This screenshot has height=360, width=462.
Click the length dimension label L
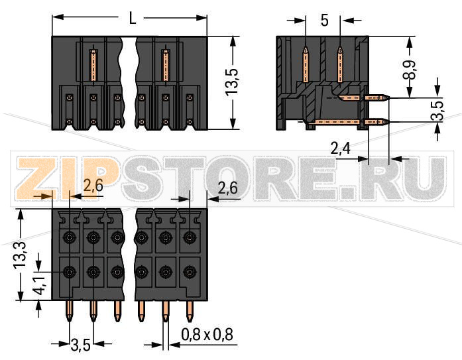(133, 19)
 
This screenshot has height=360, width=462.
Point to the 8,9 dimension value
(412, 68)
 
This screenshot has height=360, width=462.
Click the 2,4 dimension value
(342, 150)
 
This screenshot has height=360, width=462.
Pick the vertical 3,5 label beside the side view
(437, 110)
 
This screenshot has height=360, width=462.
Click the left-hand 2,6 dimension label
(92, 187)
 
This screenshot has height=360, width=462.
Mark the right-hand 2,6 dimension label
(227, 188)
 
